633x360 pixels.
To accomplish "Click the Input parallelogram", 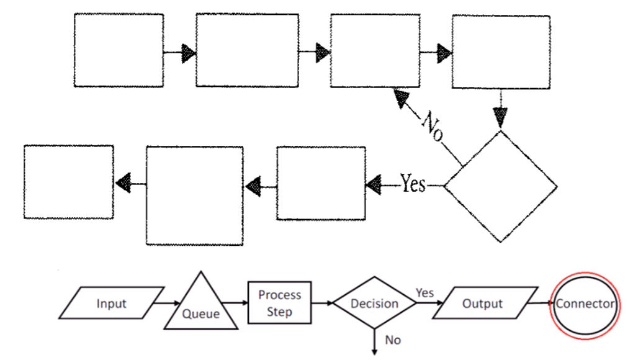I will (x=112, y=304).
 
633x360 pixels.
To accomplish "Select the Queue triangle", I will (x=200, y=306).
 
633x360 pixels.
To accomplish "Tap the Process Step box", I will (x=279, y=303).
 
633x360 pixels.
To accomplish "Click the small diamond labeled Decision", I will (x=374, y=304).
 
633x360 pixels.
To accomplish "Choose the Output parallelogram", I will (x=482, y=304).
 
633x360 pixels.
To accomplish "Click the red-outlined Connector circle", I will (x=585, y=304).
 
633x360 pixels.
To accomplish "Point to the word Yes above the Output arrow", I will (x=424, y=292).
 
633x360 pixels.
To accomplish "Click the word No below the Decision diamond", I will (x=393, y=340).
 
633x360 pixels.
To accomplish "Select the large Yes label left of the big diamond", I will (x=413, y=184).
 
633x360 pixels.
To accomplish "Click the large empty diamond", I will (x=501, y=186).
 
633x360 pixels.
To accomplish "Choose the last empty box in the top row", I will (x=500, y=52).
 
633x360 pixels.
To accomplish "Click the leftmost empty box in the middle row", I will (x=69, y=181).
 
